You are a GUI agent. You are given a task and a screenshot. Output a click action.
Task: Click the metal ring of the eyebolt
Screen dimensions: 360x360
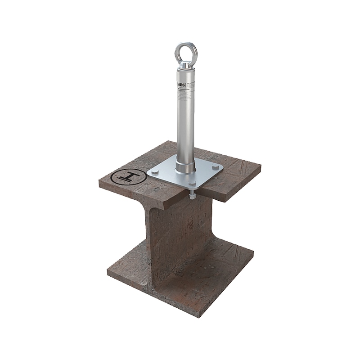(x=178, y=48)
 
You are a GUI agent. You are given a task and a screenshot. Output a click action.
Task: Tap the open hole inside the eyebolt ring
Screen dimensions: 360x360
(x=184, y=51)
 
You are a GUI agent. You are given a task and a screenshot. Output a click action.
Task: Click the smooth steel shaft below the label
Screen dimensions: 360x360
(x=185, y=130)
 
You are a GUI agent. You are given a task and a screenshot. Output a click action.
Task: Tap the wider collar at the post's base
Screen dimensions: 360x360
(x=185, y=164)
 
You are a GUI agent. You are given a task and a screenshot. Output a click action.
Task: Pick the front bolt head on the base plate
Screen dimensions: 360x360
(x=192, y=184)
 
